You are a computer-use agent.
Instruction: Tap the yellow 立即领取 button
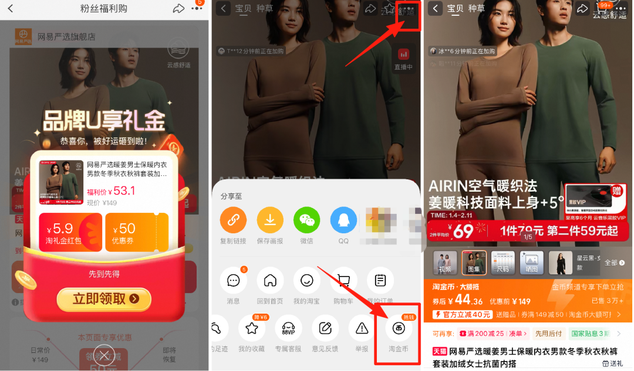point(104,299)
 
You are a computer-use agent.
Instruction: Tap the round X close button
point(104,354)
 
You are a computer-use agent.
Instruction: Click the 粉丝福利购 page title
point(103,8)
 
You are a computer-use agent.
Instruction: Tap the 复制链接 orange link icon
point(233,220)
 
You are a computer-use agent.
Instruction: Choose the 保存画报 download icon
point(270,220)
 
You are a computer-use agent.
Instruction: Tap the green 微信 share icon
point(306,220)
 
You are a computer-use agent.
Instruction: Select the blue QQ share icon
point(343,220)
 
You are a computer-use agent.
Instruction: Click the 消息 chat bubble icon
point(233,281)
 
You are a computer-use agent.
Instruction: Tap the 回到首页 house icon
point(270,281)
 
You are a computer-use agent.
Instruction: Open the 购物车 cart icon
point(343,281)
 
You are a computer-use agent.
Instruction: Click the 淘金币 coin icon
point(398,329)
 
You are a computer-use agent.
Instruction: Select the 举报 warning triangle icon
point(362,329)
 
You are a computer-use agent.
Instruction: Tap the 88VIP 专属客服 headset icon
point(288,329)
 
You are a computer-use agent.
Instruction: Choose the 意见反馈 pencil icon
point(325,329)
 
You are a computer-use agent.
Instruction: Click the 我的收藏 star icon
point(252,329)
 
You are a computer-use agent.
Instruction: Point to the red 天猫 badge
point(440,351)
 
